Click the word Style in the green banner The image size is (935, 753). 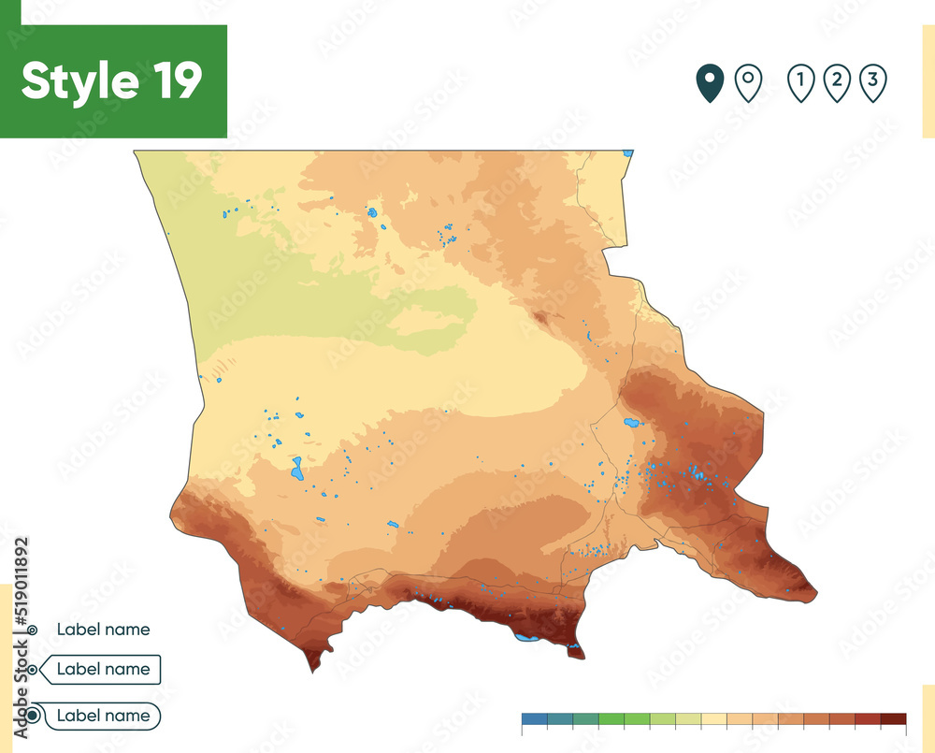click(76, 81)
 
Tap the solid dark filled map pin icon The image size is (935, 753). click(711, 83)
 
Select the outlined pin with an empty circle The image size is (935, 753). click(748, 83)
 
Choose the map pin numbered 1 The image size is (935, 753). click(800, 83)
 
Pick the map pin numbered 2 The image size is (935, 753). click(836, 83)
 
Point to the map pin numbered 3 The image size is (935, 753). click(871, 83)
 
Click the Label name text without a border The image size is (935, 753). click(103, 630)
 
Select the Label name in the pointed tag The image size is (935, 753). click(103, 669)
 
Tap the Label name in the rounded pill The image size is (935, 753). click(103, 716)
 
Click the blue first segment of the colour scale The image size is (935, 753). click(534, 719)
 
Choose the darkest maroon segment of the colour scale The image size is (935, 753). click(893, 719)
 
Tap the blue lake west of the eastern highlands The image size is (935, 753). click(632, 422)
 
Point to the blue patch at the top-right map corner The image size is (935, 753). click(629, 152)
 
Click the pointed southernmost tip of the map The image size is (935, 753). click(311, 669)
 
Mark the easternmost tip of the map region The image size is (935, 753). click(815, 592)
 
